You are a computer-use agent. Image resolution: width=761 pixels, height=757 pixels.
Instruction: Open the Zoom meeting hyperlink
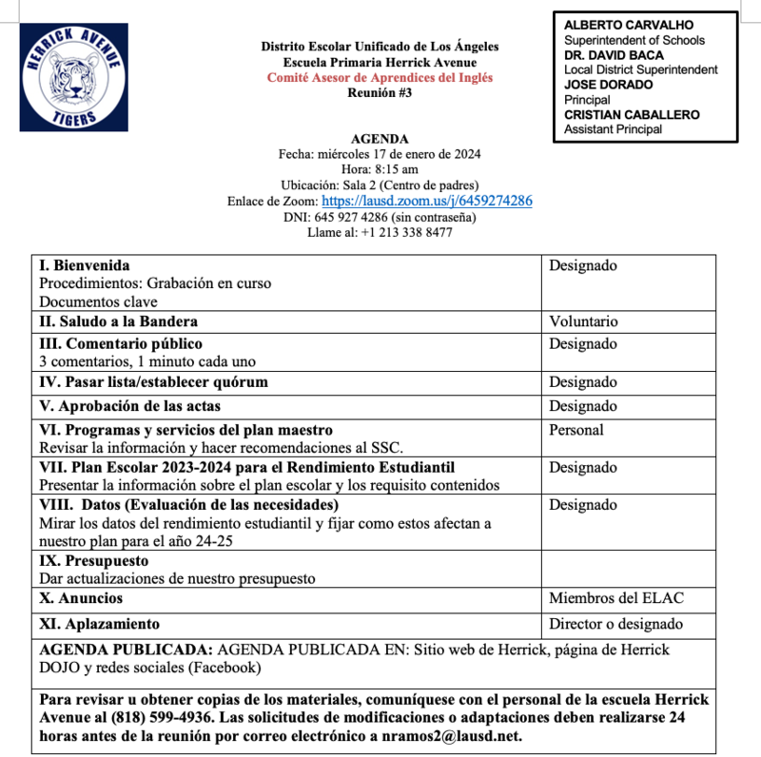click(x=426, y=201)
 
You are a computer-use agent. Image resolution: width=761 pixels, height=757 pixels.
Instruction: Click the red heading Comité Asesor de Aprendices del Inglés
click(x=380, y=77)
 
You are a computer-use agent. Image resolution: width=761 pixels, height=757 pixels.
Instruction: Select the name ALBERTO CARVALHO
click(x=629, y=25)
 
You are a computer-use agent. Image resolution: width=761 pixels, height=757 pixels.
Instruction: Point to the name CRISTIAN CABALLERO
click(x=632, y=115)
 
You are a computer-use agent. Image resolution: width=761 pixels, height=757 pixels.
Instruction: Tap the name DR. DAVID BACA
click(x=614, y=55)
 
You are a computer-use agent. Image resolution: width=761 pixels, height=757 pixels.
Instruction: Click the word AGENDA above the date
click(x=380, y=139)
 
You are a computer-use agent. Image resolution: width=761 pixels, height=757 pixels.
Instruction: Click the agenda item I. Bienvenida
click(x=85, y=265)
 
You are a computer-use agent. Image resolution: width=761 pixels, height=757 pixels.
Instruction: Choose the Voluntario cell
click(x=583, y=321)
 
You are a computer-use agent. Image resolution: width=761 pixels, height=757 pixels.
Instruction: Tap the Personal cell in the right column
click(x=576, y=430)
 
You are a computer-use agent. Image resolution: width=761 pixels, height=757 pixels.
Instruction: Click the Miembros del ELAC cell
click(x=615, y=598)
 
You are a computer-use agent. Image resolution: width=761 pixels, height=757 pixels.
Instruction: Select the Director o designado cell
click(x=615, y=624)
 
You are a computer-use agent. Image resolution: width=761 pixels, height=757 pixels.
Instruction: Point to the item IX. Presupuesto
click(x=93, y=561)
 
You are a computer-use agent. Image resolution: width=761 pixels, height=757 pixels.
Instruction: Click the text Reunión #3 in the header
click(x=380, y=92)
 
